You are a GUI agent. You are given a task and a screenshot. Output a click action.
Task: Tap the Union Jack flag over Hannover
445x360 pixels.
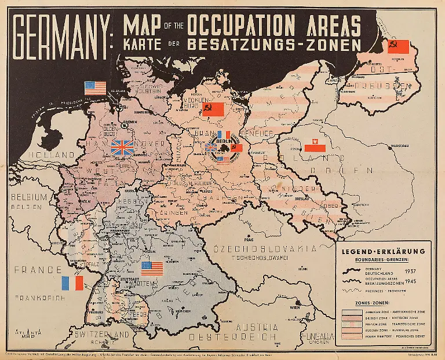122,146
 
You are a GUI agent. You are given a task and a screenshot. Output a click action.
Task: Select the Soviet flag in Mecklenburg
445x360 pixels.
212,109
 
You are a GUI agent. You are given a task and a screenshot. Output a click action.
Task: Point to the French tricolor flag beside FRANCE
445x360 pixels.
72,283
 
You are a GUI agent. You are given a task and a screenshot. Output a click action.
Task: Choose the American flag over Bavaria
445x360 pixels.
153,269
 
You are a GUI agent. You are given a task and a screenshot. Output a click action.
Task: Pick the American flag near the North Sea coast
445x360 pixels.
96,88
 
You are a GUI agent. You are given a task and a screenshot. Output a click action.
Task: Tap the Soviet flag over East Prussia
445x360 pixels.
398,46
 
